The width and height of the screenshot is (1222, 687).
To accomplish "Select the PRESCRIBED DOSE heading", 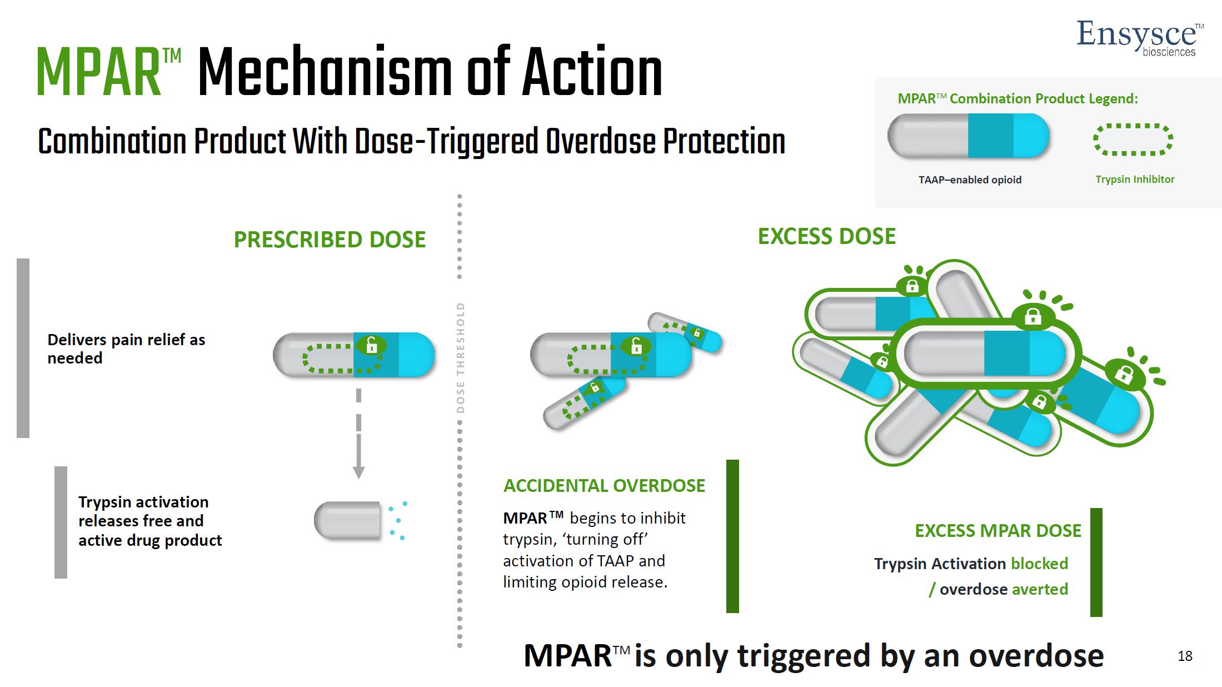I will (x=330, y=240).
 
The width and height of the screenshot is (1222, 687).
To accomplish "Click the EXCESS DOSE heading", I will (x=826, y=237).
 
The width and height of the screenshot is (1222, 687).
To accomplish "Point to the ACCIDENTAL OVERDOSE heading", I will (x=604, y=486).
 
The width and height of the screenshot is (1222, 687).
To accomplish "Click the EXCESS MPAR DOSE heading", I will (x=997, y=531).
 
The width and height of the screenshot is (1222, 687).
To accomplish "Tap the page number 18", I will (x=1184, y=656).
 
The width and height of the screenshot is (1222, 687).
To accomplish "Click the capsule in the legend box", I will (x=968, y=136).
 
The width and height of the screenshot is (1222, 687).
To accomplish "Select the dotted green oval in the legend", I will (x=1133, y=139).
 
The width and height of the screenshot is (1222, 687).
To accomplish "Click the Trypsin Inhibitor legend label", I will (x=1135, y=180).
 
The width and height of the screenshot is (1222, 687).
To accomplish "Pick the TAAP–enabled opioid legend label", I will (x=970, y=180).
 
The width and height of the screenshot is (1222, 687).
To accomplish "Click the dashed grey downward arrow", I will (x=358, y=434).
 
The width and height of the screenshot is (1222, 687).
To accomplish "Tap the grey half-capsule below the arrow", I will (x=348, y=521).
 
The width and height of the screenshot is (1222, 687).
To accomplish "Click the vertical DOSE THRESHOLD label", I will (x=460, y=357).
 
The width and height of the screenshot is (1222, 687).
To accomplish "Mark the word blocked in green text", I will (x=1039, y=564).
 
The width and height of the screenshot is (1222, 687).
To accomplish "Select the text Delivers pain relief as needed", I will (x=126, y=349).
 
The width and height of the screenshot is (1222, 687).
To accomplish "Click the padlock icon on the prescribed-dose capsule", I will (x=372, y=345).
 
